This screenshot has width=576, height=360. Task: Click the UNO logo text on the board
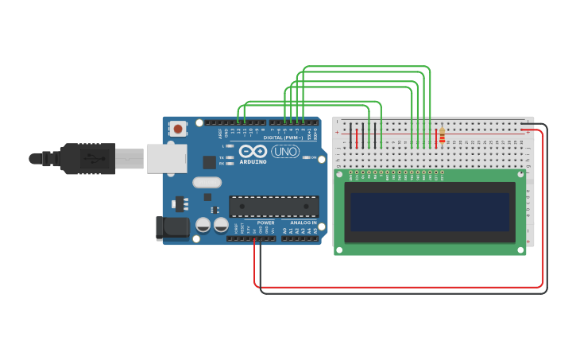click(285, 151)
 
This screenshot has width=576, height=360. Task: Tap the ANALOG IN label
click(303, 223)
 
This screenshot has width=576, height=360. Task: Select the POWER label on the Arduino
click(265, 223)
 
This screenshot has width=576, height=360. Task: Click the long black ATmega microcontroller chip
click(274, 207)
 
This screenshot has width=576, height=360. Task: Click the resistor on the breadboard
click(442, 137)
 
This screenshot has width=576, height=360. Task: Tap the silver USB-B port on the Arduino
click(166, 158)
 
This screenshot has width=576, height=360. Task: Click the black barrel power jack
click(172, 228)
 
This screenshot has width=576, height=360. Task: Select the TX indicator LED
click(230, 158)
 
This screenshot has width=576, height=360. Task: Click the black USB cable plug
click(87, 158)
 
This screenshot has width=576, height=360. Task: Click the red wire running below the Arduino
click(397, 287)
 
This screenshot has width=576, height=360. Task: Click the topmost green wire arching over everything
click(365, 67)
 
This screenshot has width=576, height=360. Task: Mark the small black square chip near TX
click(209, 162)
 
